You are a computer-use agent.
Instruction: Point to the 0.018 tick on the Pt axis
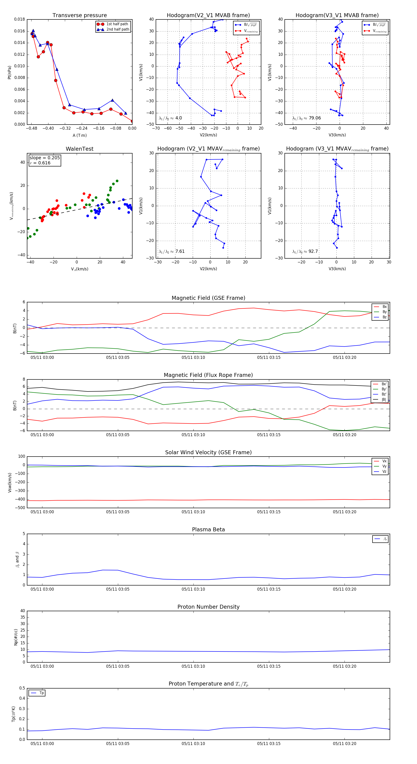(20, 19)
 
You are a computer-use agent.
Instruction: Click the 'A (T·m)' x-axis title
(79, 135)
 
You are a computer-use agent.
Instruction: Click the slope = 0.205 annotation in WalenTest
(44, 158)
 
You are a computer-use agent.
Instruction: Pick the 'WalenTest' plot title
(79, 149)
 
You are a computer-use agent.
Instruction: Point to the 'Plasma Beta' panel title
(208, 530)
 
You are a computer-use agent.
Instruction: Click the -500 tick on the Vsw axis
(20, 508)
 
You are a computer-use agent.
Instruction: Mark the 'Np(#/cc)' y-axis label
(16, 637)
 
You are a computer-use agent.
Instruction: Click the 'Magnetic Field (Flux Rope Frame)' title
(208, 375)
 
